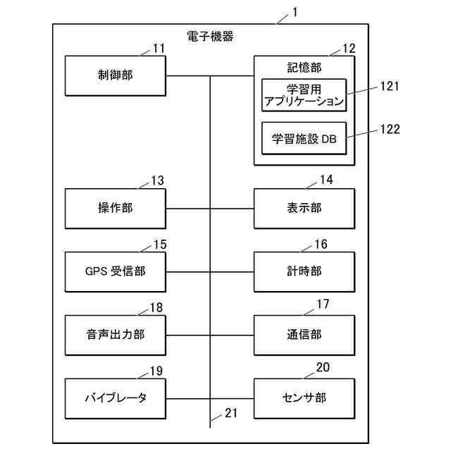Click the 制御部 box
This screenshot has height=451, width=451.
[115, 75]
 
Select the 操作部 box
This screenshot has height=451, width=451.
[115, 209]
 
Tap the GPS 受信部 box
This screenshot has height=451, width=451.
[115, 271]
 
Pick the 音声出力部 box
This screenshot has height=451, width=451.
[115, 335]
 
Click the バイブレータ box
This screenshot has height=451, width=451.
[115, 397]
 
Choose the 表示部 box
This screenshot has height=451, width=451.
[304, 209]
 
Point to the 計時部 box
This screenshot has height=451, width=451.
[304, 271]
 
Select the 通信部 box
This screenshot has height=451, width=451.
[304, 335]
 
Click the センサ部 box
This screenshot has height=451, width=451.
[304, 397]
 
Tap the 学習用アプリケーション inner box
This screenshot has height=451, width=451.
[304, 95]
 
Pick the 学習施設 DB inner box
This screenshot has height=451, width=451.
[304, 139]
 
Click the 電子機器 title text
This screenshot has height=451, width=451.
[211, 36]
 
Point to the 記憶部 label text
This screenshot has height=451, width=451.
[304, 68]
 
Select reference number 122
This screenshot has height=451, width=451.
[389, 129]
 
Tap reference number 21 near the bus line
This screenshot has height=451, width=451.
[231, 414]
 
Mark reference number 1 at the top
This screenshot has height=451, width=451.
[295, 13]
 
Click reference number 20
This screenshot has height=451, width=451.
[323, 367]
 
